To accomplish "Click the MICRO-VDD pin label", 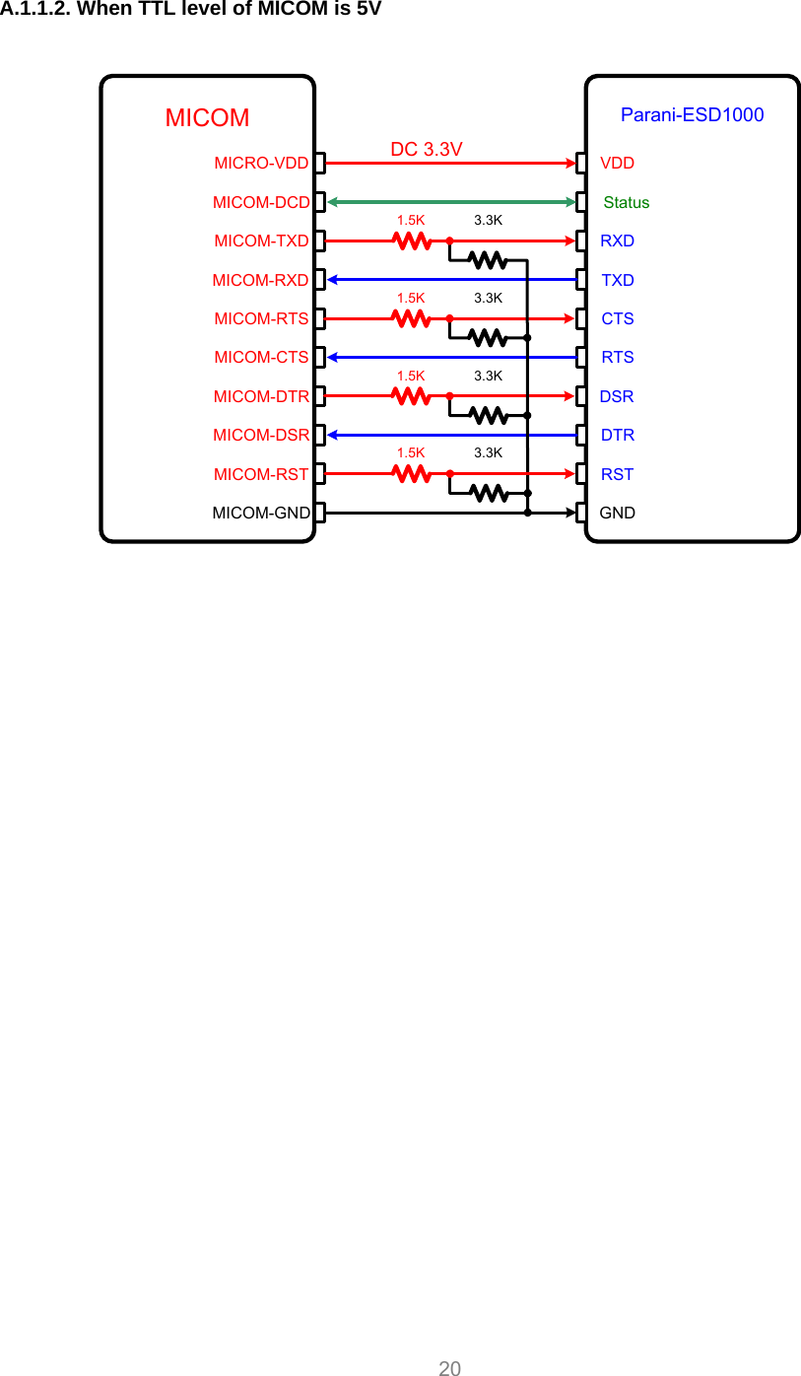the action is pos(261,163).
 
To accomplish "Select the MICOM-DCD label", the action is pos(261,202).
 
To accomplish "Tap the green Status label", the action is pos(626,202).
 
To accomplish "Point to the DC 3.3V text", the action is pos(426,149).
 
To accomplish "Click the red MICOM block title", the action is pos(207,118).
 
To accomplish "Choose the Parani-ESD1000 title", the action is pos(692,114).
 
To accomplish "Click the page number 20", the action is pos(449,1368).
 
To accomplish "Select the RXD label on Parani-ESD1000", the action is pos(618,241).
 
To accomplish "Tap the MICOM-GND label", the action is pos(261,513).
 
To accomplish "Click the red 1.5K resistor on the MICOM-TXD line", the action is pos(411,240).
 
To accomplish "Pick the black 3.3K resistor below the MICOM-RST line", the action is pos(489,493).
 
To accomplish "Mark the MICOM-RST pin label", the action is pos(261,474).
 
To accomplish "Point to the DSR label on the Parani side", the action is pos(617,396).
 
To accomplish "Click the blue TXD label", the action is pos(618,280).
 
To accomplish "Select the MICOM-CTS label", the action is pos(261,357).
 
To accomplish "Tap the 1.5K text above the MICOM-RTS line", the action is pos(411,297).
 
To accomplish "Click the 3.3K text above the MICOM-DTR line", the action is pos(488,376).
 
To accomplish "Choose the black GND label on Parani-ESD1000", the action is pos(618,513).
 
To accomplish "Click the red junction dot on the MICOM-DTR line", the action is pos(449,396).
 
